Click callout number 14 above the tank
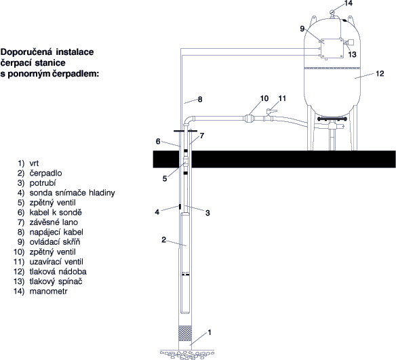click(349, 3)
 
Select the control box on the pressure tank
click(332, 48)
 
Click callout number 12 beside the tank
click(380, 73)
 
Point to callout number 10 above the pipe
click(264, 98)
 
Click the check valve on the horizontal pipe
click(250, 119)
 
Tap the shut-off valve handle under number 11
click(272, 111)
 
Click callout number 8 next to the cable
click(200, 100)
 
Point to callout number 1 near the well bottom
click(209, 332)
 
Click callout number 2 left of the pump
click(163, 239)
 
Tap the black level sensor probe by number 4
click(180, 207)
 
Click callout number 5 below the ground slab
click(165, 179)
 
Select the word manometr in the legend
click(49, 292)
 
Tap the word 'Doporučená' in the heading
click(26, 52)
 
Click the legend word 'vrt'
click(34, 163)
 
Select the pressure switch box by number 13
click(351, 42)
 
